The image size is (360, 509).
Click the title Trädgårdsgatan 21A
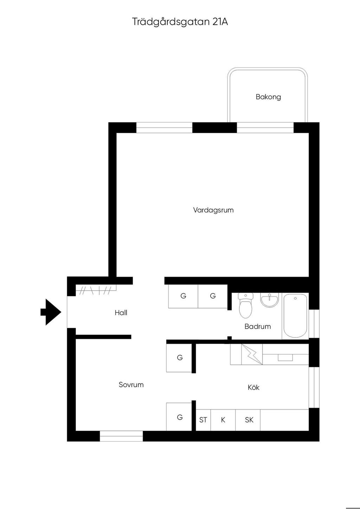(x=180, y=22)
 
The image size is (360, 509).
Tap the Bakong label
(x=268, y=97)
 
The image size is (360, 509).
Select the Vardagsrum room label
(x=213, y=210)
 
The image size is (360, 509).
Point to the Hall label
(x=121, y=313)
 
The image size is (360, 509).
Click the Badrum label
(x=258, y=327)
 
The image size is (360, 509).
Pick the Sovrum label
(x=131, y=385)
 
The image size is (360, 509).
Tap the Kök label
(x=253, y=387)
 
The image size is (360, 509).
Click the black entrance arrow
(x=51, y=312)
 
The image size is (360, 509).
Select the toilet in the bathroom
(x=246, y=305)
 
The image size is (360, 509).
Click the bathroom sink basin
(x=270, y=300)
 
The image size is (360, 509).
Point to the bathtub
(x=295, y=316)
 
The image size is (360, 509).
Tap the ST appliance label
(x=203, y=420)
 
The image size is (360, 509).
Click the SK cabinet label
(x=249, y=420)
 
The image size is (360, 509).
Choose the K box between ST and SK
(x=223, y=420)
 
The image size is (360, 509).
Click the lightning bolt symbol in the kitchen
(x=251, y=354)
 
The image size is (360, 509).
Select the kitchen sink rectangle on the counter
(x=285, y=358)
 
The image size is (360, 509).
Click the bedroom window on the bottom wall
(x=121, y=436)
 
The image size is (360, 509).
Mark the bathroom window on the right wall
(x=314, y=324)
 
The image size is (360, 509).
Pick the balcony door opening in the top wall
(x=265, y=128)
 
